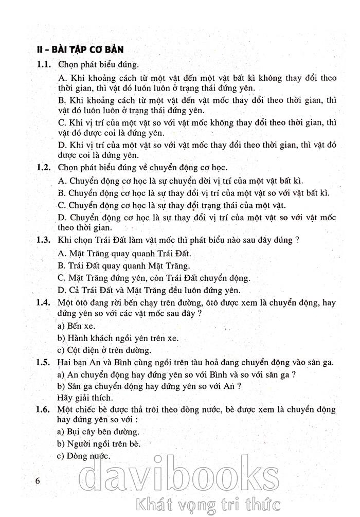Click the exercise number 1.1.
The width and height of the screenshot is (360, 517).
(x=43, y=65)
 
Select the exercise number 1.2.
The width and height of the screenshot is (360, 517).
(x=43, y=168)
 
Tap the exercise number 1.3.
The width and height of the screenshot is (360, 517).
(x=43, y=240)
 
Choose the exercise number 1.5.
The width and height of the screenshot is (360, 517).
(x=43, y=363)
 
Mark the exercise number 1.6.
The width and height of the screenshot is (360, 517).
(x=43, y=409)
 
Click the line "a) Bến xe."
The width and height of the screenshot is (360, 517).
(x=76, y=326)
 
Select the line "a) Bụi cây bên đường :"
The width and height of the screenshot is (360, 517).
(x=99, y=431)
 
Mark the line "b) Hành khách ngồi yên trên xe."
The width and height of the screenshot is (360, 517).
(x=118, y=338)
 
